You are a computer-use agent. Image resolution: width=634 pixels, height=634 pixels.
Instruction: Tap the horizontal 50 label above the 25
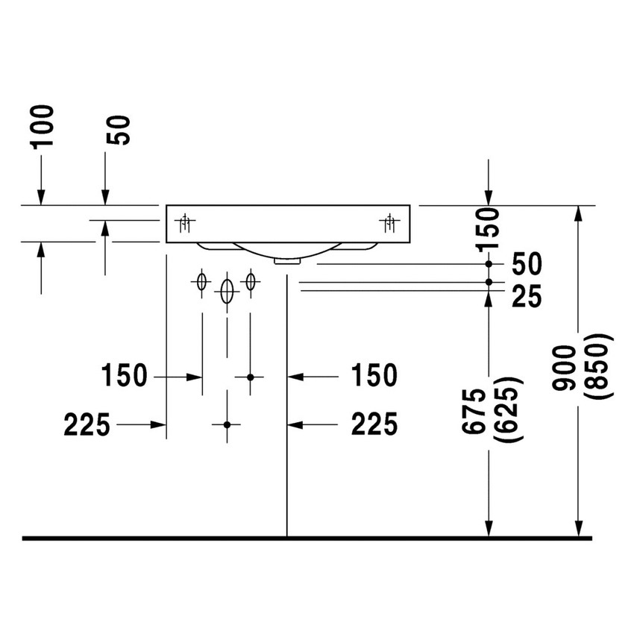[x=527, y=264]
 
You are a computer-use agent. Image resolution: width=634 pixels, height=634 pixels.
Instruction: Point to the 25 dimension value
[x=527, y=296]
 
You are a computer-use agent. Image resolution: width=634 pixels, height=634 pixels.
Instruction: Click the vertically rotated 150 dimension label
[x=489, y=230]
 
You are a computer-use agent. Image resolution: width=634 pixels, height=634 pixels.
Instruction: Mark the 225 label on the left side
[x=87, y=424]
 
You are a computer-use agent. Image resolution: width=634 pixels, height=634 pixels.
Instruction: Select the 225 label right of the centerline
[x=374, y=424]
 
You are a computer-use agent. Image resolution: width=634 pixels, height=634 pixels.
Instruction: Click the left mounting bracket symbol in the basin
[x=186, y=221]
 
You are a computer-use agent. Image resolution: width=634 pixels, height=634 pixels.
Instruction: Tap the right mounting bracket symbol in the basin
[x=389, y=221]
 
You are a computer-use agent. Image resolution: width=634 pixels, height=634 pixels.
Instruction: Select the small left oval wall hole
[x=201, y=282]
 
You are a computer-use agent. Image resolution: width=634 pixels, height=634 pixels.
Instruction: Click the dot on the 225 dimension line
[x=227, y=424]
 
